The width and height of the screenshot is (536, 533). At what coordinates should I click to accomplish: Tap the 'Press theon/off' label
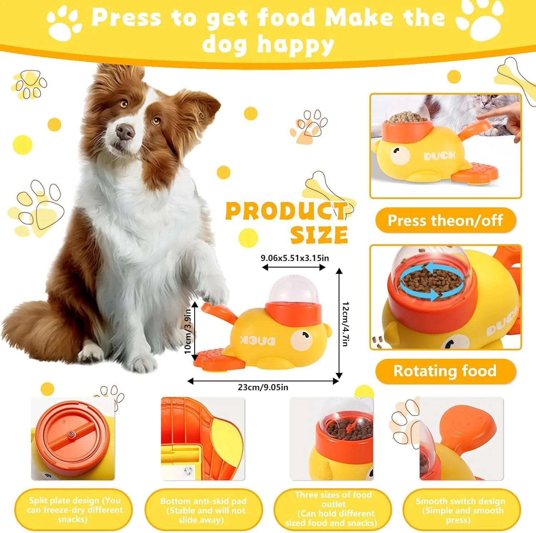445,220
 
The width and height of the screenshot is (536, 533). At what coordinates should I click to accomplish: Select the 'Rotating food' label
445,371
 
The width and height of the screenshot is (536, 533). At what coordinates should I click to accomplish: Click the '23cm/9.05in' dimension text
263,387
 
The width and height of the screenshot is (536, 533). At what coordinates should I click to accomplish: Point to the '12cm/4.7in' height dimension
345,324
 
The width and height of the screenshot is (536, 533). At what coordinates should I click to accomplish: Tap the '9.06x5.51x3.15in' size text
295,258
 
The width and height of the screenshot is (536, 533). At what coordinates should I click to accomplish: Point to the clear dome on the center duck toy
293,289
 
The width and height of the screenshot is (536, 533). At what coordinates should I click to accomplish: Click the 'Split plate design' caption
73,509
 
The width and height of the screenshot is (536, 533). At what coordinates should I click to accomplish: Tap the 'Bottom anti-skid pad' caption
203,510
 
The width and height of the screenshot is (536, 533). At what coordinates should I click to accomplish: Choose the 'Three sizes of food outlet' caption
333,509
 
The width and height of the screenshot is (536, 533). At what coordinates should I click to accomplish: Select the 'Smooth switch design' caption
461,510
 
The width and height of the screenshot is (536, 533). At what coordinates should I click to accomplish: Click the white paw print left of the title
64,24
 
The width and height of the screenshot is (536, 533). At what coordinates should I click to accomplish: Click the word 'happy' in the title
296,45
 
